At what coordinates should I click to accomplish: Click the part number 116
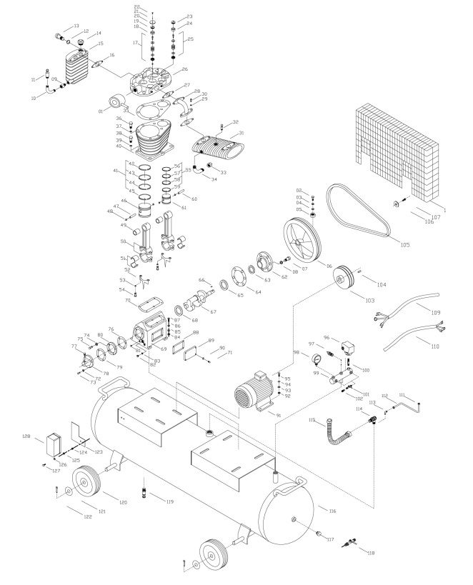click(x=332, y=509)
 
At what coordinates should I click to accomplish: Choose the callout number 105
click(x=404, y=245)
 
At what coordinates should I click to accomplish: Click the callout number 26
click(x=184, y=69)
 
